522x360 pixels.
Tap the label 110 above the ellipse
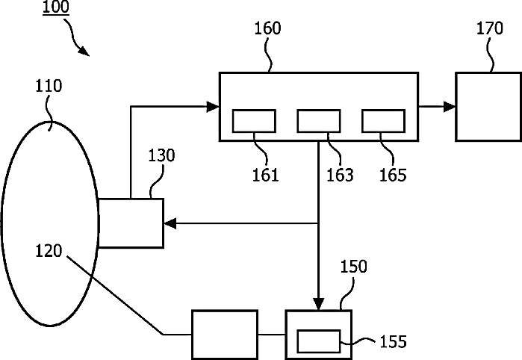pos(49,87)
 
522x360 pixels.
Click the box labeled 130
pos(131,223)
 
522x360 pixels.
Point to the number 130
pos(161,156)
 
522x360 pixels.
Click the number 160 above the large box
pos(267,29)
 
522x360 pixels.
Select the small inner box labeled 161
pos(255,120)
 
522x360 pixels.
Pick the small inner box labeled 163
pos(319,120)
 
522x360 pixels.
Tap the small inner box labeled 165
pos(383,120)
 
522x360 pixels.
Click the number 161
pos(265,176)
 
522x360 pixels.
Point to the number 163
pos(340,176)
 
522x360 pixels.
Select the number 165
pos(393,176)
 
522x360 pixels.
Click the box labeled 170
pos(488,106)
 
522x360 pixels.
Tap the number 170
pos(490,29)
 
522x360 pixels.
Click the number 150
pos(354,267)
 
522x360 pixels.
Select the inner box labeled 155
pos(320,341)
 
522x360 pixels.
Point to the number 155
pos(393,342)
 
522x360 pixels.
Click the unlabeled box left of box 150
pos(225,333)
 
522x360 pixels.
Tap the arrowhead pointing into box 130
pos(170,223)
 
